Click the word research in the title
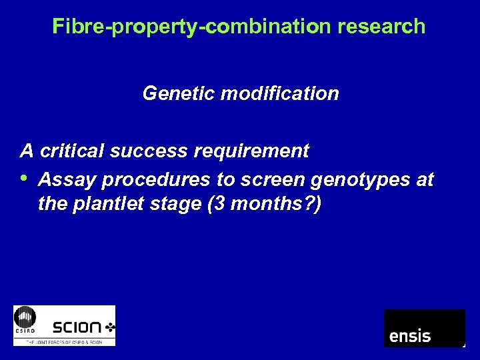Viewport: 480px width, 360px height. [x=381, y=26]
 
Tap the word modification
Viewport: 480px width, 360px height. [x=279, y=93]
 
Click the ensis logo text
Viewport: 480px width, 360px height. [x=410, y=335]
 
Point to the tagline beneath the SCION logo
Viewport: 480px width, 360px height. [x=64, y=341]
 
